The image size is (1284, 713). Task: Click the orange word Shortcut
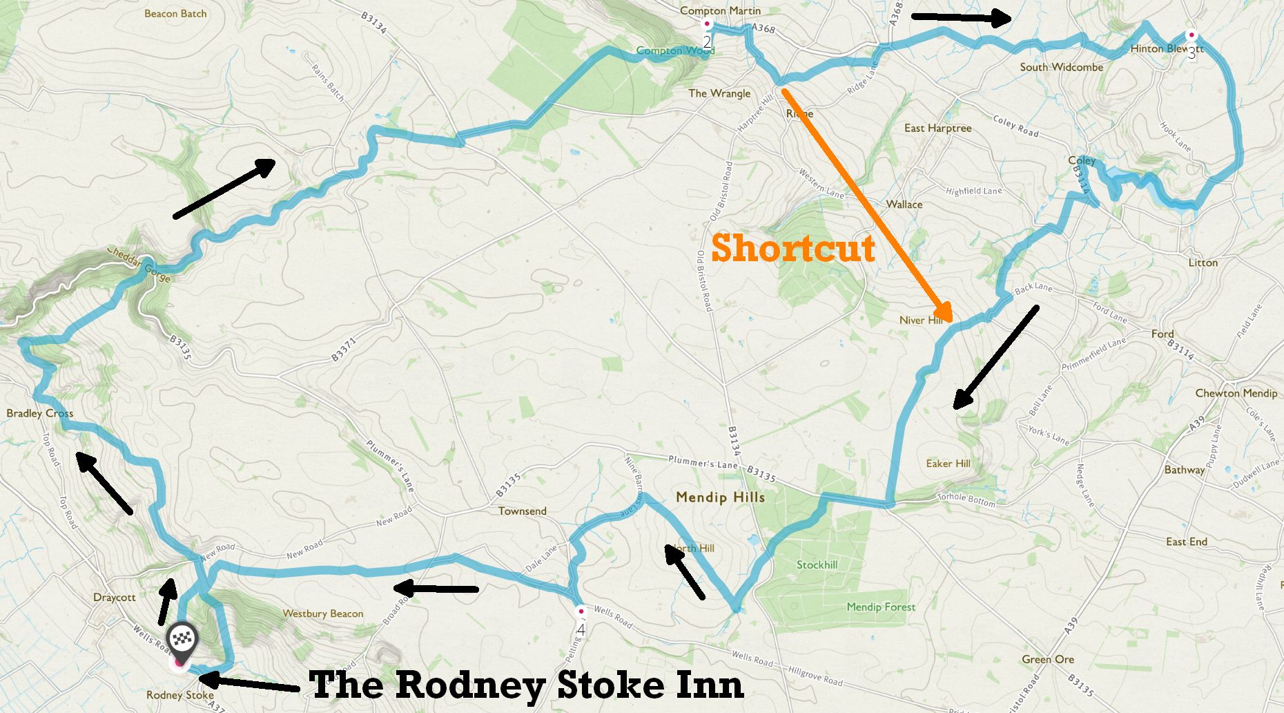coord(792,247)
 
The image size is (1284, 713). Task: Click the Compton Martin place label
coord(720,10)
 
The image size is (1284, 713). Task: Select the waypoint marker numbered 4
coord(581,612)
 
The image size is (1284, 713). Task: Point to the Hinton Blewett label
coord(1166,48)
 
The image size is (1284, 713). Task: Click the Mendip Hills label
coord(720,497)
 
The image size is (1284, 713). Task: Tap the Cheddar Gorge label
coord(139,265)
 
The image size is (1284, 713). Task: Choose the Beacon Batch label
coord(175,13)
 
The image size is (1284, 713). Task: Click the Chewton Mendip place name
coord(1236,393)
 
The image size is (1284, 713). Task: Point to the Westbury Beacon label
coord(322,614)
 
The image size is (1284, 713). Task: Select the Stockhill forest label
coord(817,564)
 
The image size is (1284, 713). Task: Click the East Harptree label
coord(937,128)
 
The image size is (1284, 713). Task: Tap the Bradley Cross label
coord(39,413)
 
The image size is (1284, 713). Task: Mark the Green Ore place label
coord(1047,659)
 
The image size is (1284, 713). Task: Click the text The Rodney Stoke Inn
coord(526,685)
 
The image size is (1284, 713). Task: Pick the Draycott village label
coord(114,597)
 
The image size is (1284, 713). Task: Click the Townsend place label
coord(522,511)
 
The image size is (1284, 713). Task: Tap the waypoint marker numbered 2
coord(706,25)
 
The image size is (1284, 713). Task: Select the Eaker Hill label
coord(948,464)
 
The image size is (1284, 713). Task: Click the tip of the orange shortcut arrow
coord(952,321)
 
